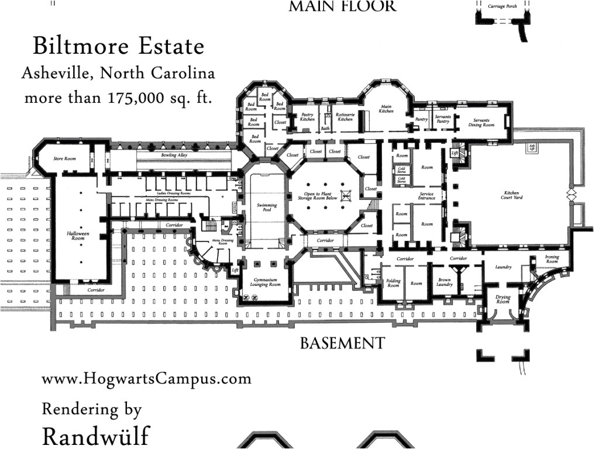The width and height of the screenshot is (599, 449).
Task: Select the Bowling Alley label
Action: (174, 156)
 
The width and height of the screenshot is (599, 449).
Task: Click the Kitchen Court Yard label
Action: (513, 195)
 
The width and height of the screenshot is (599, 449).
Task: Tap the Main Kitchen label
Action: (385, 109)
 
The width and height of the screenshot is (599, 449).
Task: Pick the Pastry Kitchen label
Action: (308, 117)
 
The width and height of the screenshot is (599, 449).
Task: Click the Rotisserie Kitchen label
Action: (345, 117)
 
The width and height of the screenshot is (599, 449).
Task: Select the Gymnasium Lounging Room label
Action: (267, 282)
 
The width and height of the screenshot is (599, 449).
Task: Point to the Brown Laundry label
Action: (444, 282)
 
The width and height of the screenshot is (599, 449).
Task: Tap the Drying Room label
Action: (503, 299)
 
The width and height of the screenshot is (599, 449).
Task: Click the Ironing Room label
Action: (552, 259)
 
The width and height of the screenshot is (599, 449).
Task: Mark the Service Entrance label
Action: (426, 196)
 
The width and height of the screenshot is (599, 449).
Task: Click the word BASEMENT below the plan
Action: (342, 343)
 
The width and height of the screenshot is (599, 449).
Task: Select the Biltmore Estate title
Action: (119, 46)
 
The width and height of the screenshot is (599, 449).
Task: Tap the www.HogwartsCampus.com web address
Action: (146, 379)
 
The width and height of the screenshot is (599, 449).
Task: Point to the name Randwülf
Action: (95, 436)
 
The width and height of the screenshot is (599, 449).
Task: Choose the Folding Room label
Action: (393, 283)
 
